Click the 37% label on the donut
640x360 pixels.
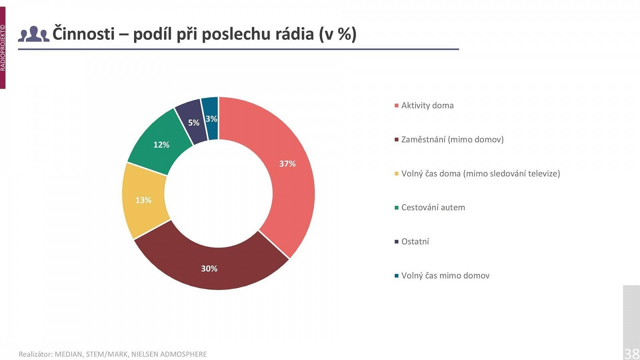click(x=287, y=164)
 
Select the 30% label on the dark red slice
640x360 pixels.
click(x=209, y=268)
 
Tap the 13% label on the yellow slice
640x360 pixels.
click(x=143, y=200)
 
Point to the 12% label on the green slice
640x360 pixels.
click(x=161, y=145)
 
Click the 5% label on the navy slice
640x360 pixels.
click(x=194, y=123)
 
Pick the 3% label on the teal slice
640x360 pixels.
click(x=211, y=119)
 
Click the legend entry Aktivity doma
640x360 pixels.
click(x=427, y=106)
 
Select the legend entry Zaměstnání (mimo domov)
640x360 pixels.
click(x=452, y=140)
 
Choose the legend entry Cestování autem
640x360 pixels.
click(x=433, y=208)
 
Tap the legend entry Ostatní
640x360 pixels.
click(x=415, y=242)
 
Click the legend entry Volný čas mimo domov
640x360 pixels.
click(x=445, y=276)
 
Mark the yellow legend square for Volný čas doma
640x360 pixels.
click(x=396, y=174)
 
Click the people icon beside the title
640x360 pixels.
click(x=34, y=34)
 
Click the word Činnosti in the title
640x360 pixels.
click(x=84, y=34)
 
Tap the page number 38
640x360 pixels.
click(x=631, y=354)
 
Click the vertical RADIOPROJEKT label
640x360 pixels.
click(x=3, y=48)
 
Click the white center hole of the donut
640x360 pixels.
click(x=218, y=194)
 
